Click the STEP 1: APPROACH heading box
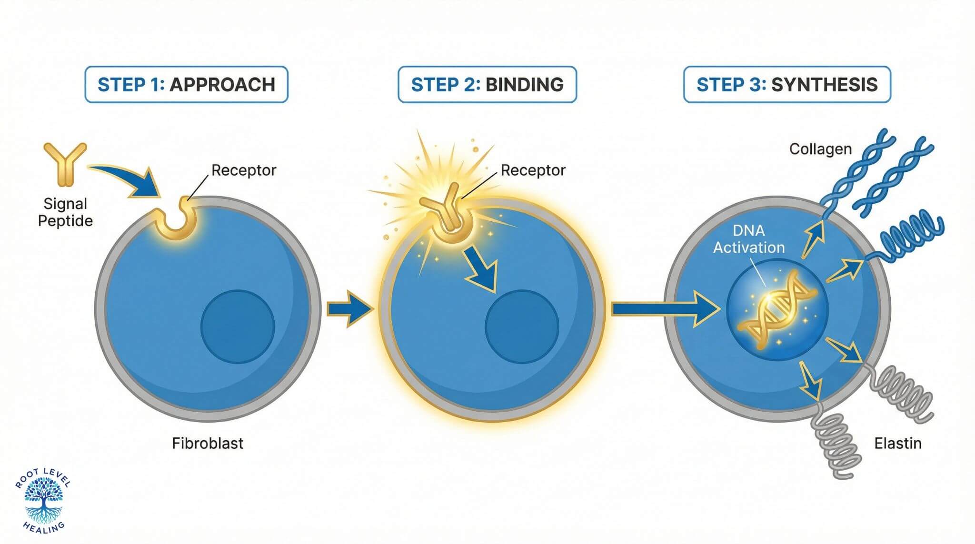186,85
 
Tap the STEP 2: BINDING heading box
487,85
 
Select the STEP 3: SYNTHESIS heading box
787,85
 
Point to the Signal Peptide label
65,212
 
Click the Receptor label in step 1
243,170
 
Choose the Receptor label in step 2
533,170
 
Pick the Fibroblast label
208,444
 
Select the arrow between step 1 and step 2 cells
348,309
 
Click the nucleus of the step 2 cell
522,326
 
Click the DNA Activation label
749,239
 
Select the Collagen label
820,149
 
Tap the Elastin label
898,444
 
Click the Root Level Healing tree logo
43,500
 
